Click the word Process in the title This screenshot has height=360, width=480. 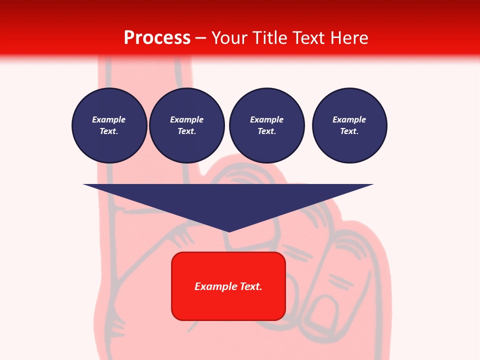click(157, 38)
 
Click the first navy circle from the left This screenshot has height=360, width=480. click(109, 125)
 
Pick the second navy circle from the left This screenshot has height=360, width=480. click(186, 125)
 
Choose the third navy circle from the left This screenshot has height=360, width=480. click(266, 125)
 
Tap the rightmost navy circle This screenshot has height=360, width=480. click(349, 125)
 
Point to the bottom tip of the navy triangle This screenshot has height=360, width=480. click(229, 231)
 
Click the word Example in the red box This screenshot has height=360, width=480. click(214, 286)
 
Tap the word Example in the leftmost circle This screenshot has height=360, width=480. click(109, 120)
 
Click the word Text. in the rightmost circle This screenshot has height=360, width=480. click(349, 131)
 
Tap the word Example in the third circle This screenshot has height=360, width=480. click(266, 120)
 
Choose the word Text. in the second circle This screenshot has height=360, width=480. click(186, 131)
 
